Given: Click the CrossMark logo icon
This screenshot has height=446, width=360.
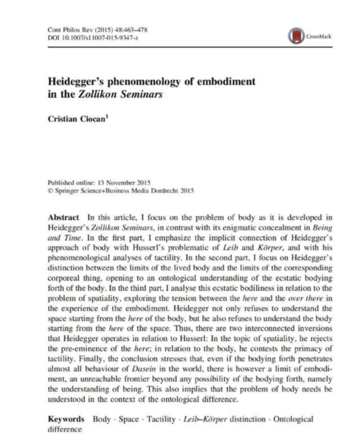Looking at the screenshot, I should pyautogui.click(x=296, y=37).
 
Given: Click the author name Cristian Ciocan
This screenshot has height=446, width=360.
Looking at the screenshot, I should pyautogui.click(x=76, y=119).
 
